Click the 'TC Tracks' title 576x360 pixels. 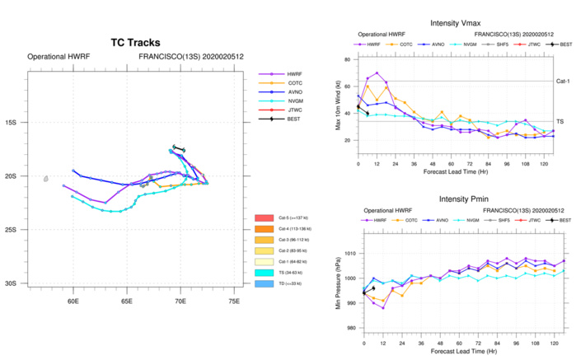[x=135, y=43]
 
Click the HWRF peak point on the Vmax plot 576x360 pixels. [x=377, y=73]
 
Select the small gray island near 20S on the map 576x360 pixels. [x=46, y=178]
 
